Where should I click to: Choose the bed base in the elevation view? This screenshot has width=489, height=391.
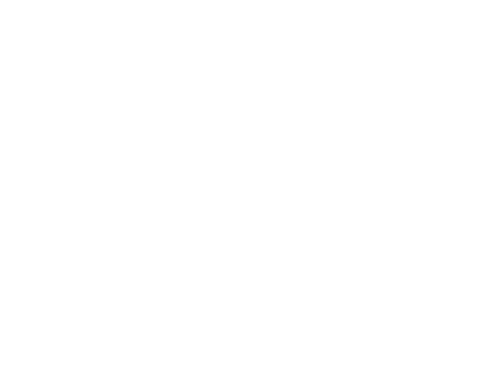pyautogui.click(x=197, y=150)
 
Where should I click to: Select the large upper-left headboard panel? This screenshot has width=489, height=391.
pyautogui.click(x=90, y=64)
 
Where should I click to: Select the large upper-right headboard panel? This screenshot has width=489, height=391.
pyautogui.click(x=303, y=64)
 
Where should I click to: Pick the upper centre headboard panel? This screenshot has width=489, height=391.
pyautogui.click(x=196, y=64)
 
